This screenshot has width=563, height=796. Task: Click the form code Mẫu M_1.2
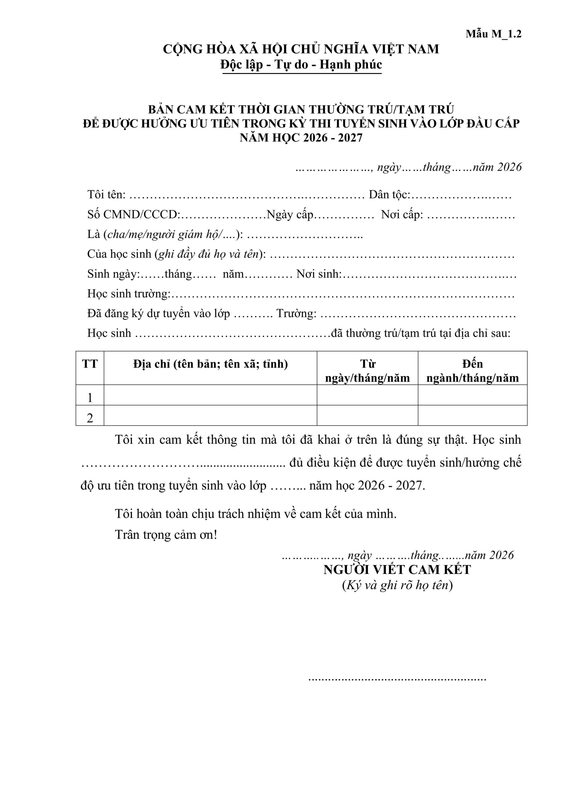click(x=493, y=34)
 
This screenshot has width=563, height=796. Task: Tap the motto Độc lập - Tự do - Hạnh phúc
click(x=301, y=64)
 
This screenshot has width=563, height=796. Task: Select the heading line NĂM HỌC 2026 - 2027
click(x=301, y=138)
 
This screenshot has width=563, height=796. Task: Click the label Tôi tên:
click(x=106, y=195)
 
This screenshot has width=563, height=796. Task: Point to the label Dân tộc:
click(x=389, y=195)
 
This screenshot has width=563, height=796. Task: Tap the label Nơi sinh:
click(x=319, y=274)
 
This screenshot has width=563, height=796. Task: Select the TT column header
click(x=90, y=364)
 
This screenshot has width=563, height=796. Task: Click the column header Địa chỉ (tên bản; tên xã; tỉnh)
click(x=210, y=364)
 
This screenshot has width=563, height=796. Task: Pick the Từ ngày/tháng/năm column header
click(x=367, y=371)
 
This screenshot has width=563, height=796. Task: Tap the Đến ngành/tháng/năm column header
click(x=472, y=371)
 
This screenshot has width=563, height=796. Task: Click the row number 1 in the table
click(x=90, y=397)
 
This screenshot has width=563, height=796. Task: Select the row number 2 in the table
click(x=90, y=418)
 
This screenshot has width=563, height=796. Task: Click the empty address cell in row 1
click(x=210, y=395)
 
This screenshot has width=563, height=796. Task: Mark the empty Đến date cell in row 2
click(x=472, y=415)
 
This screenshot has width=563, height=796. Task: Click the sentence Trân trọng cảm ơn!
click(x=166, y=535)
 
